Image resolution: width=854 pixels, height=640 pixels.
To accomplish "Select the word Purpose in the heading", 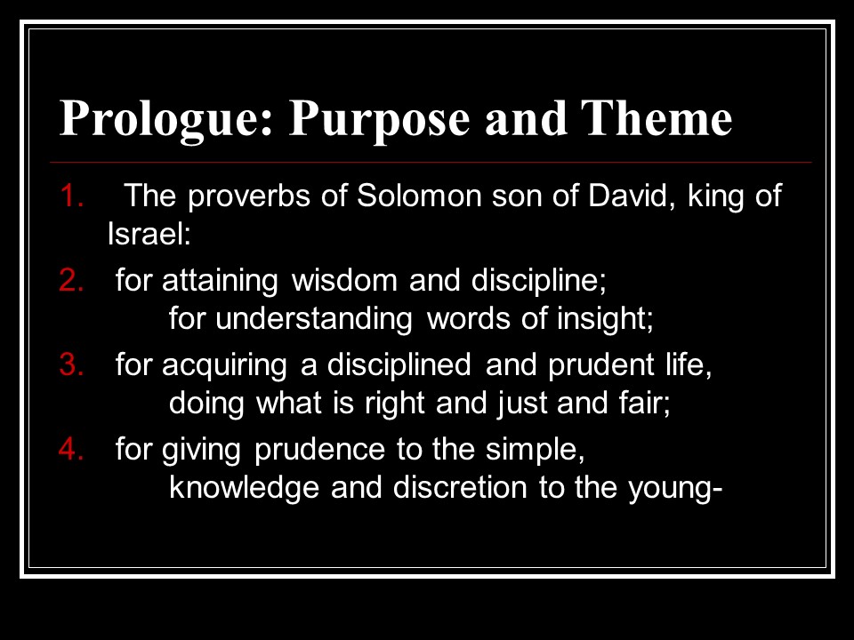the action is (x=379, y=119).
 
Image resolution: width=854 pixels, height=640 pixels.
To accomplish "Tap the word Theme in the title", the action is (x=657, y=117).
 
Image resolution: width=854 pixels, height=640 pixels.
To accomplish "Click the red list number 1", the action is (x=71, y=196).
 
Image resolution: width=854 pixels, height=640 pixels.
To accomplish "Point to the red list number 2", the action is (x=71, y=280).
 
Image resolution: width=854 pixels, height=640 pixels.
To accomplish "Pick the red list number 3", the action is (x=71, y=364).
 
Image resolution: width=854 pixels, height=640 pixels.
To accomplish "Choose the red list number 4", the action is (x=71, y=450).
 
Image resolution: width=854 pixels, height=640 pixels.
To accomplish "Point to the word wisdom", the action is (x=345, y=280).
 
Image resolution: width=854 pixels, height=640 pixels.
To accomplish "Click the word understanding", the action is (x=314, y=319).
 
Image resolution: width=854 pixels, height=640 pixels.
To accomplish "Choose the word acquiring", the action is (x=224, y=365).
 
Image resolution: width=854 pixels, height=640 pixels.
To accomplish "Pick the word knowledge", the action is (x=244, y=488).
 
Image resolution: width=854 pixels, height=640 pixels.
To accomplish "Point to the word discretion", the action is (x=460, y=487).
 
